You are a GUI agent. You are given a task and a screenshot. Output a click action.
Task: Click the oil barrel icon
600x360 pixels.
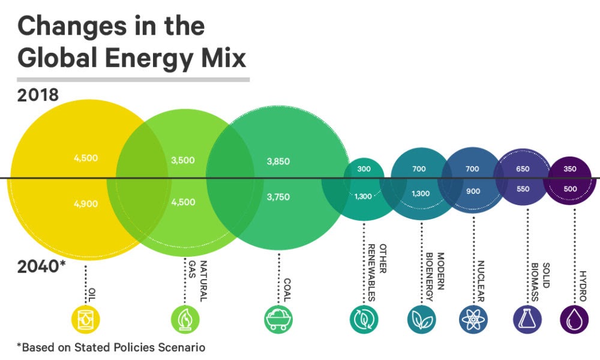click(86, 319)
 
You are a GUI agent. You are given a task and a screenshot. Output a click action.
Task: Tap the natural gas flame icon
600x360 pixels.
click(184, 319)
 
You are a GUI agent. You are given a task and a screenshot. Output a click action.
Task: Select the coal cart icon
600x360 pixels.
click(278, 319)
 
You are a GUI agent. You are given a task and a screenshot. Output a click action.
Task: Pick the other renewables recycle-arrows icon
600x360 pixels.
click(364, 319)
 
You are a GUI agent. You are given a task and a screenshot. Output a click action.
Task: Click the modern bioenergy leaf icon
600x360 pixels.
click(421, 319)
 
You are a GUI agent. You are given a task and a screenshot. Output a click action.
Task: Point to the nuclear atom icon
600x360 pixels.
click(473, 319)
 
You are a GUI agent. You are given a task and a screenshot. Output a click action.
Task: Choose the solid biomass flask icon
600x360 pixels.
click(527, 319)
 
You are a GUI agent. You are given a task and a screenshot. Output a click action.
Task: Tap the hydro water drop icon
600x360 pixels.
click(574, 319)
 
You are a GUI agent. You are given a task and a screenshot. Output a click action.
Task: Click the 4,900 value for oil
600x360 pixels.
click(86, 204)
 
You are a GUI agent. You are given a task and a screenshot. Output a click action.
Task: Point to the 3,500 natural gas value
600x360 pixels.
click(183, 160)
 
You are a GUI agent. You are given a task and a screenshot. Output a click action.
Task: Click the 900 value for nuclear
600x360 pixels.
click(472, 191)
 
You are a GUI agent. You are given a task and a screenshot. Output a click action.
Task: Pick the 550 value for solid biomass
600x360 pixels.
click(523, 189)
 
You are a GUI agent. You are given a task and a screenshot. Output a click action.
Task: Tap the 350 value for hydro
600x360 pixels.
click(570, 169)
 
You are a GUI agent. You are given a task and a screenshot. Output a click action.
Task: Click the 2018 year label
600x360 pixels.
click(37, 95)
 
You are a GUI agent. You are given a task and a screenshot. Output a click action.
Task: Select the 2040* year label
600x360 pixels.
click(41, 266)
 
